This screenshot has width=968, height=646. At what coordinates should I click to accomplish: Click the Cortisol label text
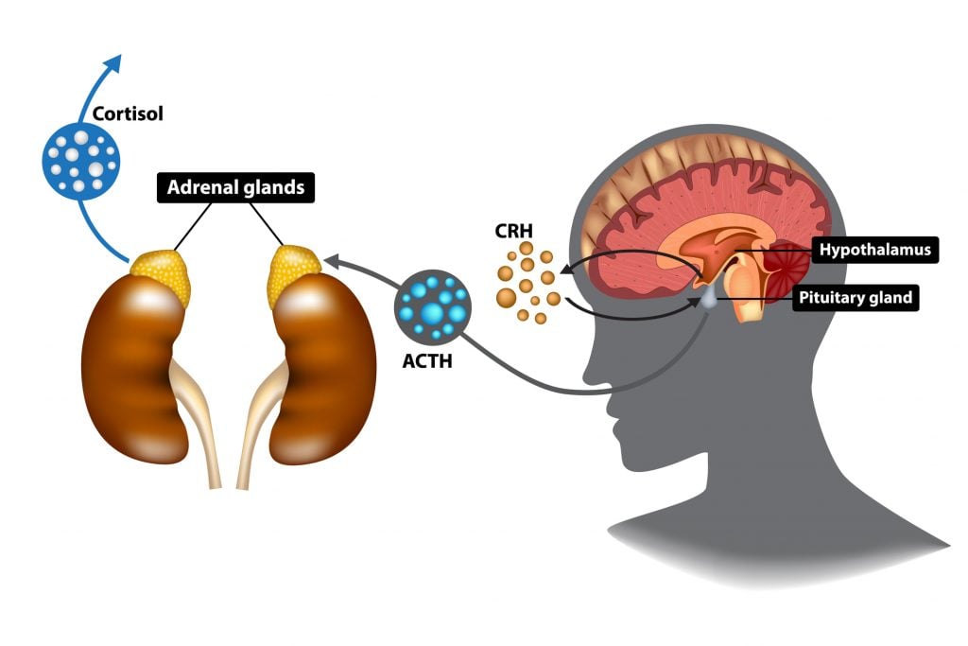(128, 114)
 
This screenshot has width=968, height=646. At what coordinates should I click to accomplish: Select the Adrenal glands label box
(235, 187)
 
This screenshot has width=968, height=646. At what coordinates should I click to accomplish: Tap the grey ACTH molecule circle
(432, 306)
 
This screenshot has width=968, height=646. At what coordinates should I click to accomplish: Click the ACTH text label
(426, 359)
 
